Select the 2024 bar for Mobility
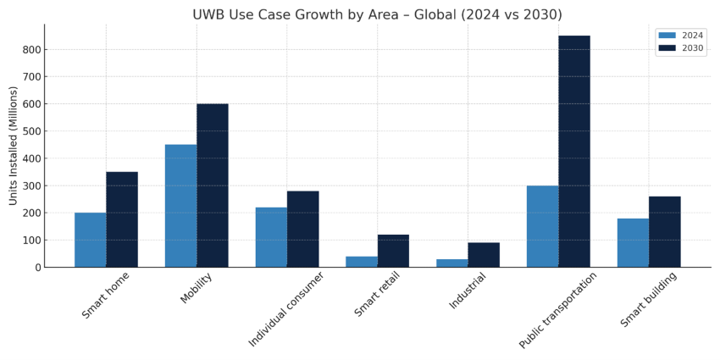pyautogui.click(x=180, y=206)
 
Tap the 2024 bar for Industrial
pyautogui.click(x=451, y=263)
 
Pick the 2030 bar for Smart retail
pyautogui.click(x=393, y=251)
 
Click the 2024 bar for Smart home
pyautogui.click(x=90, y=240)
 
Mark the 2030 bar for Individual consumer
pyautogui.click(x=302, y=229)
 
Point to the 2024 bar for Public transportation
pyautogui.click(x=542, y=226)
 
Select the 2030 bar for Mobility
pyautogui.click(x=212, y=186)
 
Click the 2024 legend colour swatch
pyautogui.click(x=667, y=36)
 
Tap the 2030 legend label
pyautogui.click(x=692, y=48)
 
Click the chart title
pyautogui.click(x=377, y=14)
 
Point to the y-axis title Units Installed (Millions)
pyautogui.click(x=14, y=145)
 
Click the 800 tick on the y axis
pyautogui.click(x=31, y=50)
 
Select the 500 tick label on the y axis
pyautogui.click(x=31, y=131)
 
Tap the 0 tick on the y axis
pyautogui.click(x=37, y=268)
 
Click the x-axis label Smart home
pyautogui.click(x=106, y=295)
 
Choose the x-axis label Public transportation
pyautogui.click(x=558, y=310)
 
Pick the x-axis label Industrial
pyautogui.click(x=468, y=291)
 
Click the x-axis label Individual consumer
pyautogui.click(x=286, y=309)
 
